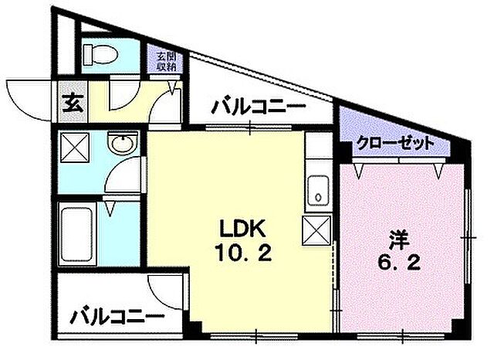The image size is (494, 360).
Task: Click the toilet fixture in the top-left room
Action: pyautogui.click(x=99, y=54)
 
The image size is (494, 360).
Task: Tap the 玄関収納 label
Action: pyautogui.click(x=166, y=61)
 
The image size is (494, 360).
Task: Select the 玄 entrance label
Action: pyautogui.click(x=69, y=102)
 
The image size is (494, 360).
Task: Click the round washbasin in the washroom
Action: pyautogui.click(x=121, y=144)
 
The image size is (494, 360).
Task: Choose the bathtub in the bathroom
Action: pyautogui.click(x=75, y=233)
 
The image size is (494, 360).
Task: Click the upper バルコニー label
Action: pyautogui.click(x=259, y=107)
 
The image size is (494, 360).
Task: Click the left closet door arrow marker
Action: pyautogui.click(x=357, y=168)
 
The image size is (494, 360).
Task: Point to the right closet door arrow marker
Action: pyautogui.click(x=441, y=168)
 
